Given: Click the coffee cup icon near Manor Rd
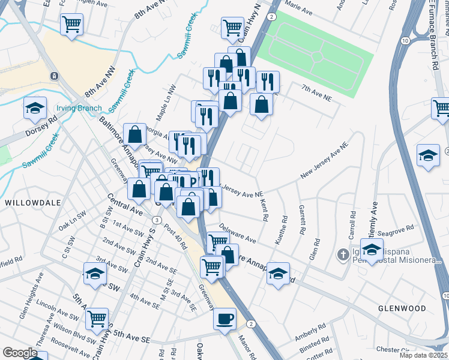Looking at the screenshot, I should coord(225,319).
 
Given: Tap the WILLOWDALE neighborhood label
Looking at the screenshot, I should coord(34,203).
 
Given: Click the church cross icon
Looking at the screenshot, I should coord(343,254).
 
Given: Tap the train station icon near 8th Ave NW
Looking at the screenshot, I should coord(54,76).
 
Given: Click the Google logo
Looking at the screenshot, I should coord(20,353).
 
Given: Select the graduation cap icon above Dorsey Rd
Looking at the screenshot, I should coord(35,109).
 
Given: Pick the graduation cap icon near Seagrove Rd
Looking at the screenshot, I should coord(372,250).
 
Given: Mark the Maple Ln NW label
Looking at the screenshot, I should coord(166,101).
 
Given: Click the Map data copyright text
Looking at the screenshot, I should coord(424,355).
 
